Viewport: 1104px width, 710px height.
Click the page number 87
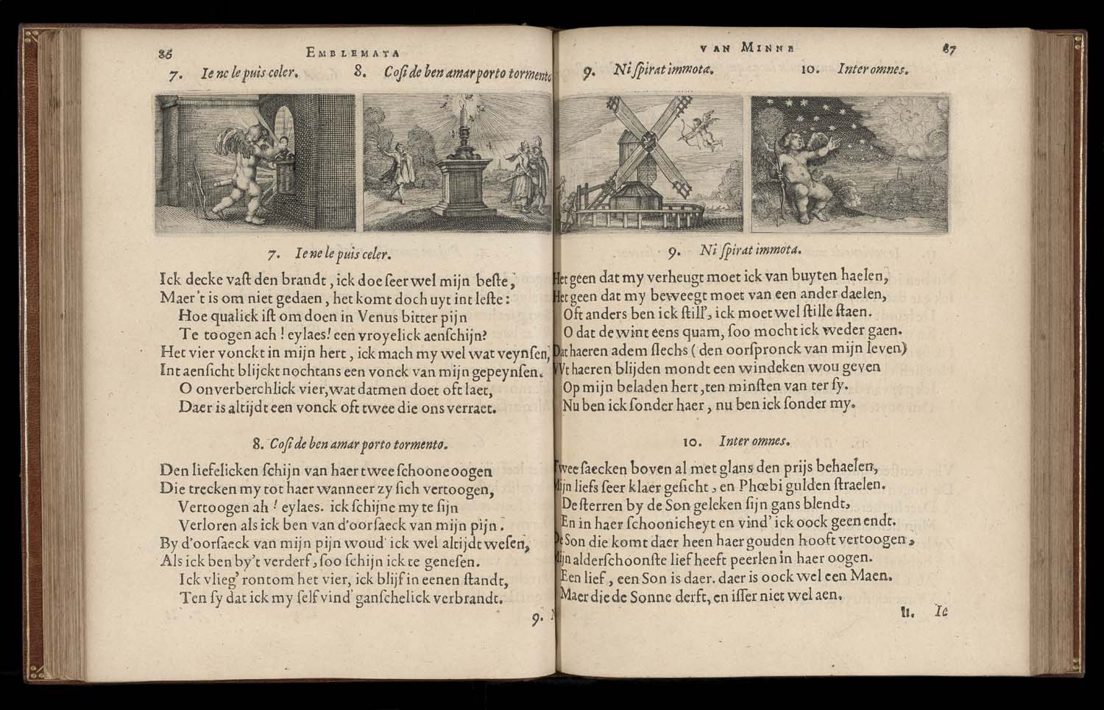coord(947,49)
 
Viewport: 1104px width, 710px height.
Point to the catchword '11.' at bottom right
coord(907,611)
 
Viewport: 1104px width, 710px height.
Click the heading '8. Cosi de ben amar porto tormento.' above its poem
coord(350,444)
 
